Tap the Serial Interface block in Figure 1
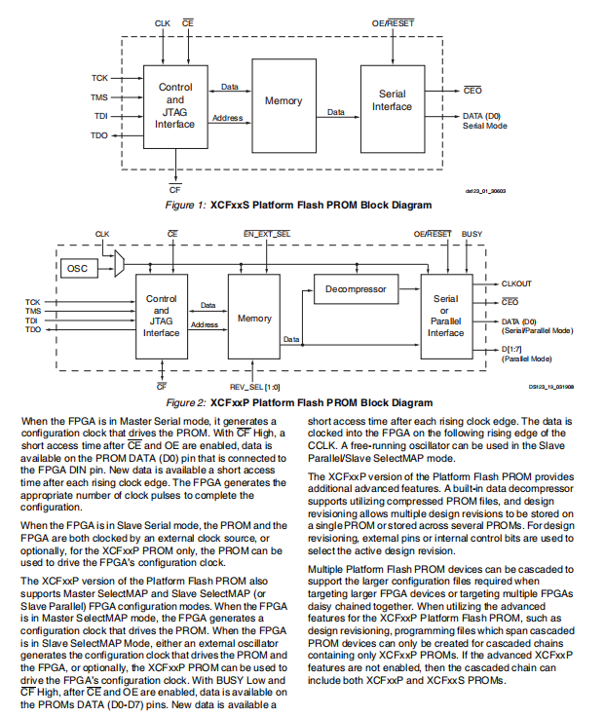click(392, 100)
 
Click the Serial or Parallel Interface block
click(446, 317)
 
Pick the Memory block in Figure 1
click(284, 100)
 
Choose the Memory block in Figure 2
click(254, 319)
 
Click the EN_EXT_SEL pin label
click(266, 235)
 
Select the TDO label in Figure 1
click(99, 135)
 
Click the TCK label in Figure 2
click(33, 302)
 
